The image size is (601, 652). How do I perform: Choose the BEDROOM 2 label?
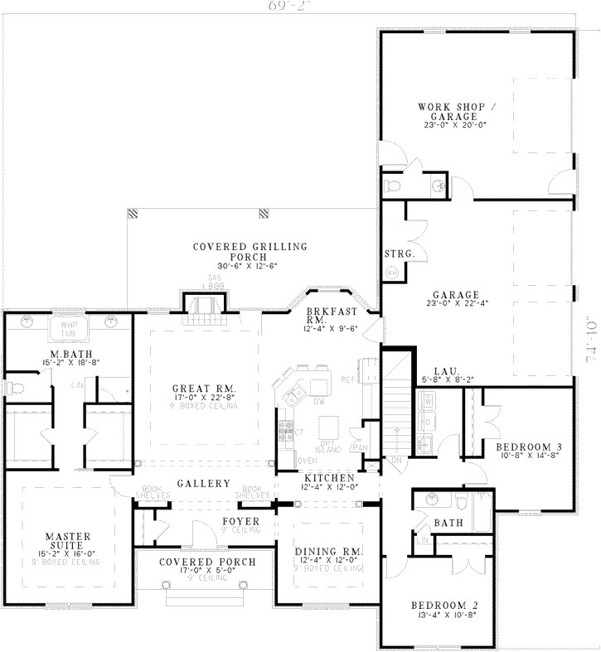point(444,606)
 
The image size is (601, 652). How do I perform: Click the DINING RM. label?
point(329,550)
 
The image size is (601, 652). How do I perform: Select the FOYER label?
point(241,521)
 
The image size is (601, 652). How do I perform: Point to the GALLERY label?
point(202,484)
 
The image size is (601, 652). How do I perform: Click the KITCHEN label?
point(329,479)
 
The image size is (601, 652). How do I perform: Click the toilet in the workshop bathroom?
point(394,185)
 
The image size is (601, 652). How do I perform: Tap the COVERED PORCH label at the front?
point(207,561)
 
